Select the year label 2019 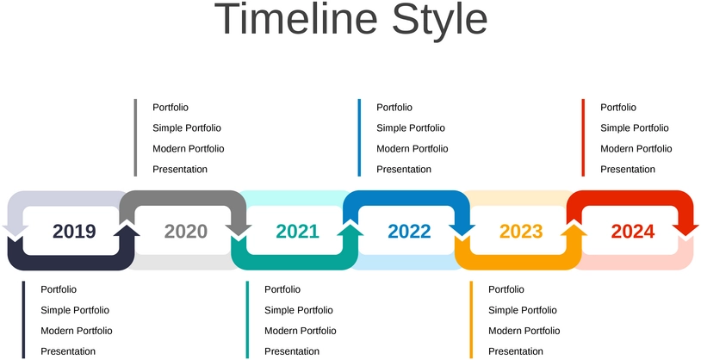74,231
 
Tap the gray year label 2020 186,231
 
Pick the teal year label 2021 298,231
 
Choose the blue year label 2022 410,231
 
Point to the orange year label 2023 521,231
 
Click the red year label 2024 633,231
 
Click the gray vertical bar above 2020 135,138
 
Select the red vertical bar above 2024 583,138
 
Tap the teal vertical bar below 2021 247,320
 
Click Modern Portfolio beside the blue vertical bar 413,148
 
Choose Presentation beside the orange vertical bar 516,351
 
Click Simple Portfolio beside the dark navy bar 75,310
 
